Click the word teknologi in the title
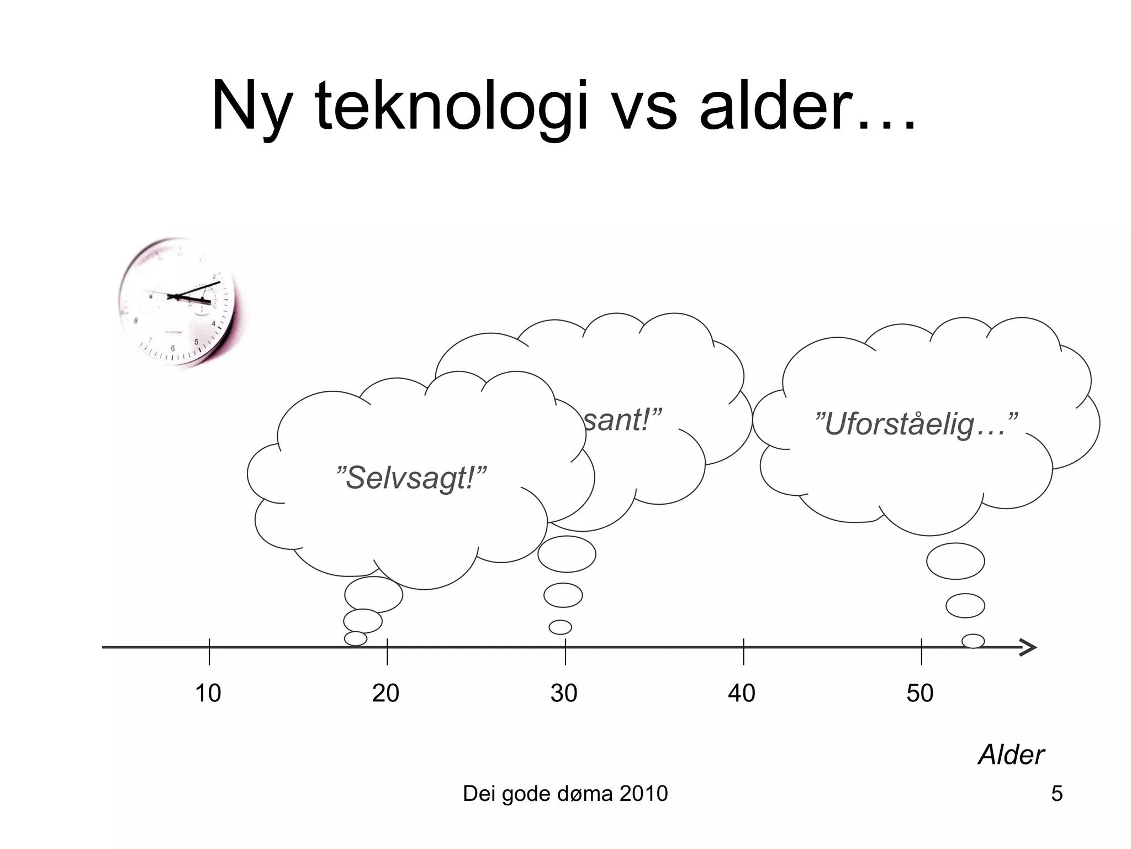point(450,106)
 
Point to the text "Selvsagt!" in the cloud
point(411,478)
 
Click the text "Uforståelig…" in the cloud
point(916,424)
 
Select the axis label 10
point(208,693)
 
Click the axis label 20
point(386,693)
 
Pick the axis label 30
point(564,693)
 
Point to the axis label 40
point(742,693)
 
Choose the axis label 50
point(920,693)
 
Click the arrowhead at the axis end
point(1028,647)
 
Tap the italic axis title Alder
point(1011,755)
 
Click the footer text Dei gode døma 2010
point(565,794)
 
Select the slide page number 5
point(1057,794)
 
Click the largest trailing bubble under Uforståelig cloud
point(955,561)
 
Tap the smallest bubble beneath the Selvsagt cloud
point(356,638)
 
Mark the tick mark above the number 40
point(743,651)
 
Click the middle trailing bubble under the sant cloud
point(563,595)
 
